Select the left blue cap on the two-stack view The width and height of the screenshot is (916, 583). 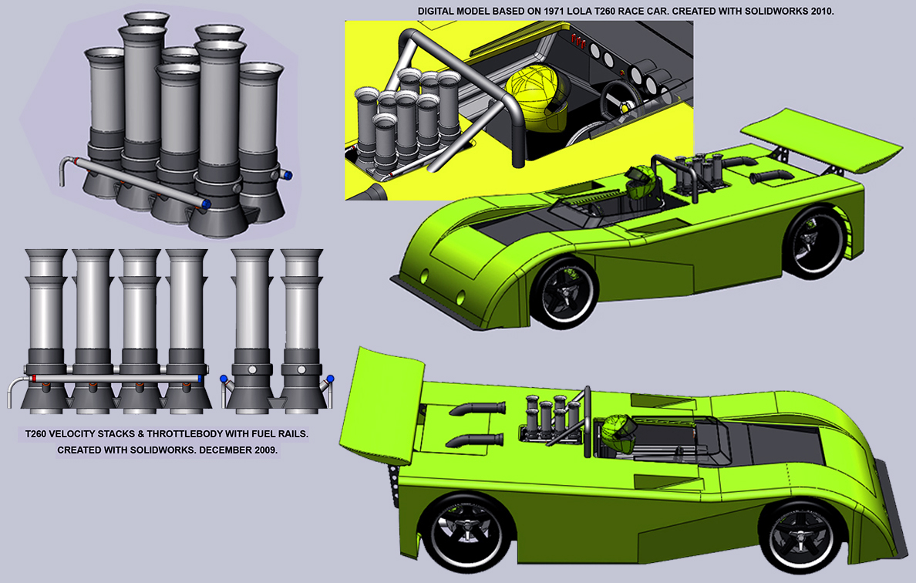coord(224,379)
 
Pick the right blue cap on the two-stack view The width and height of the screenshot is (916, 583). coord(331,379)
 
